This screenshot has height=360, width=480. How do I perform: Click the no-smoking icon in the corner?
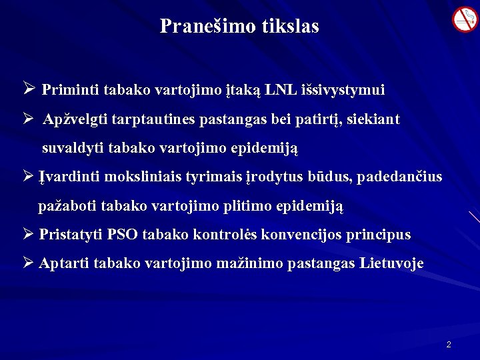465,19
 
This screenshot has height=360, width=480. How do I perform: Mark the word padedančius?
403,177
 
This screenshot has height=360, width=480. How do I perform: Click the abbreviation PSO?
122,235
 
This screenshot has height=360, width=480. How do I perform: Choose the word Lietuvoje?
391,263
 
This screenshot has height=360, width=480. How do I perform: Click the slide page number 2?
449,345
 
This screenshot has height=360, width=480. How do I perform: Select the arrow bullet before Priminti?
29,89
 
